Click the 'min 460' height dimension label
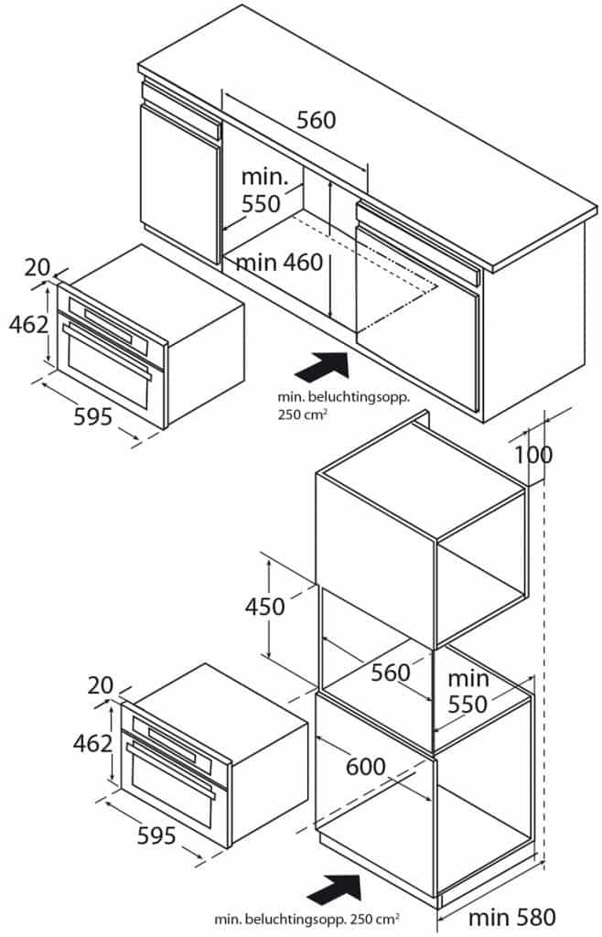(279, 264)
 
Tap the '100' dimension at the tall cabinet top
(532, 455)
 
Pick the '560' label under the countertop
(316, 120)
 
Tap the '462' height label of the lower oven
(93, 742)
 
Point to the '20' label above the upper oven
(38, 267)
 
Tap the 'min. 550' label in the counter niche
(263, 190)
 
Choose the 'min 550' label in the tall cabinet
(468, 692)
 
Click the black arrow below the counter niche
(323, 369)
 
